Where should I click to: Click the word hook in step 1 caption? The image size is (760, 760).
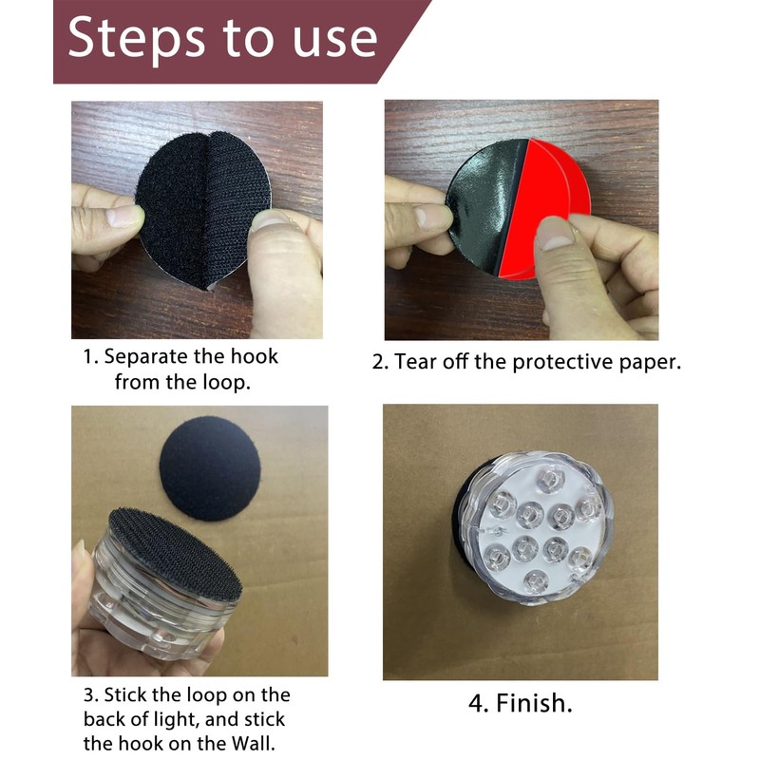[x=255, y=356]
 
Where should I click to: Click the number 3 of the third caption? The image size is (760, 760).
[x=89, y=695]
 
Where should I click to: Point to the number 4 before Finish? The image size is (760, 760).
[x=477, y=703]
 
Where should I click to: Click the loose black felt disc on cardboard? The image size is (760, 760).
[x=210, y=468]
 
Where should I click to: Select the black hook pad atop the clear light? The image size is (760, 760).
[x=176, y=554]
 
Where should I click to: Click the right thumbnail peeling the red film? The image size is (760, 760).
[x=554, y=234]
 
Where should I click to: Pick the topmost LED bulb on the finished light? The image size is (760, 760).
[x=550, y=480]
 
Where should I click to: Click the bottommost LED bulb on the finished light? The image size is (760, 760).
[x=536, y=581]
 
